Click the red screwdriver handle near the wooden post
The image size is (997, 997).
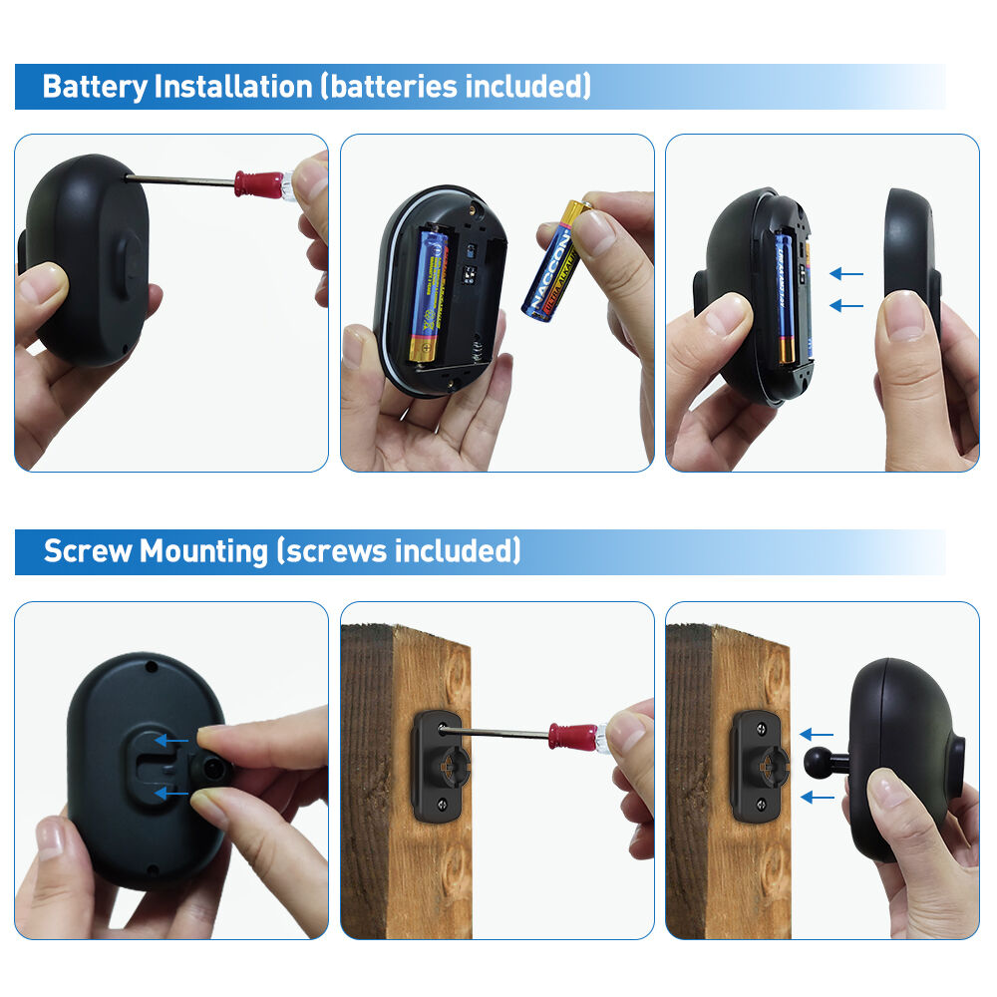click(573, 738)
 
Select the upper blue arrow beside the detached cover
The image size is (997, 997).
click(846, 272)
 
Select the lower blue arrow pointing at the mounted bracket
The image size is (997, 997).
click(817, 797)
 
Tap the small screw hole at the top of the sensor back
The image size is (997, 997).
click(150, 665)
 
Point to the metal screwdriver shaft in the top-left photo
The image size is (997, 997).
click(179, 179)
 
